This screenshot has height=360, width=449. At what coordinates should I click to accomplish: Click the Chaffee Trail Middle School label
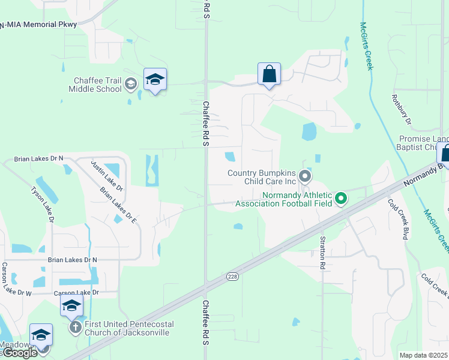(97, 85)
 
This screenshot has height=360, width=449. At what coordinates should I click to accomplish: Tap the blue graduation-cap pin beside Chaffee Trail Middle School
(155, 80)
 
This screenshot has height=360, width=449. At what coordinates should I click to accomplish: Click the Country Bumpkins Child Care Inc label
(262, 177)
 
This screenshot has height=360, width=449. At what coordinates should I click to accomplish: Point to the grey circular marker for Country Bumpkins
(305, 176)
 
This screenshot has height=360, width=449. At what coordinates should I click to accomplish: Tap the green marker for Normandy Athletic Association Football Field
(341, 197)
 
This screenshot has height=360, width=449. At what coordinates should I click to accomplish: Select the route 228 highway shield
(234, 277)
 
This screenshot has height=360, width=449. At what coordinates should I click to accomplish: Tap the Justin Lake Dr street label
(107, 176)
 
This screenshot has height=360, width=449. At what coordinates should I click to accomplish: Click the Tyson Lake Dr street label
(42, 205)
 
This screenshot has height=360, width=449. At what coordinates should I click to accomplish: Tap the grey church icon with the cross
(75, 328)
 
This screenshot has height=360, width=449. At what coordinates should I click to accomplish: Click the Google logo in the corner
(19, 352)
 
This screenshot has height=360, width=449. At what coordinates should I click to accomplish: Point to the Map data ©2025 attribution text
(423, 355)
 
